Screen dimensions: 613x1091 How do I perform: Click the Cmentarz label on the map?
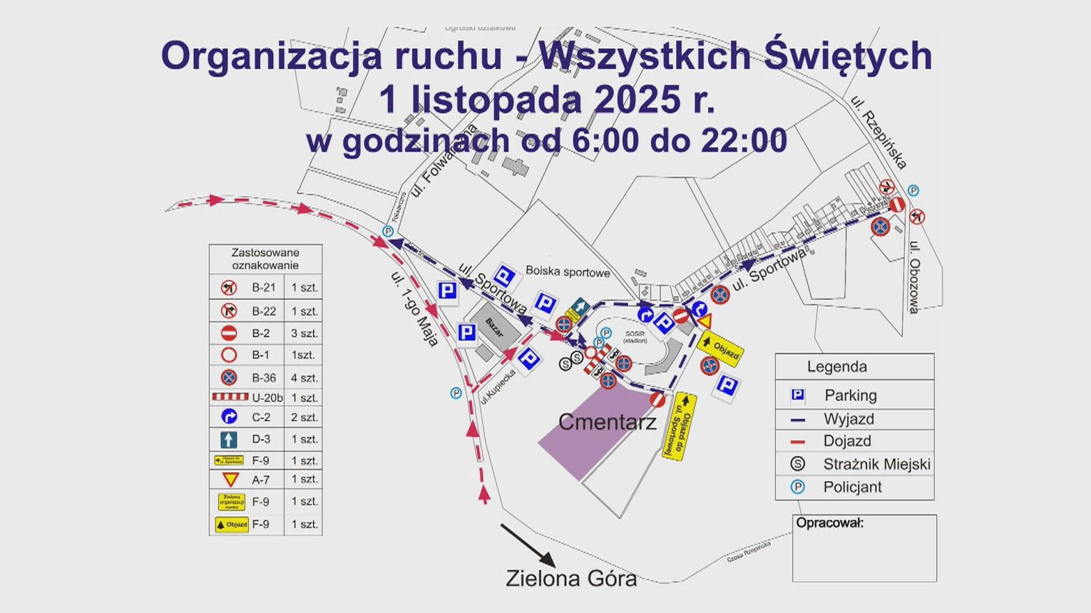[607, 422]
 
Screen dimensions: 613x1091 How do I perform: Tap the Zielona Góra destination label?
[570, 578]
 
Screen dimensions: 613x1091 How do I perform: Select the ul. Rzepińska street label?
[879, 133]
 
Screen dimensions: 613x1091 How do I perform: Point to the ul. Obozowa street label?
[914, 278]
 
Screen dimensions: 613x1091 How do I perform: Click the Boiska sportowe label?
[568, 272]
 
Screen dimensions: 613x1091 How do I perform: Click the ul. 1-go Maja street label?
[414, 309]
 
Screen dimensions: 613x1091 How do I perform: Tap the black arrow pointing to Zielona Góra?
[528, 545]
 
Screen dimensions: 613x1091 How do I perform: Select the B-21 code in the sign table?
[263, 288]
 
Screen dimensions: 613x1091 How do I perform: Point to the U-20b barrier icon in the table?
[230, 397]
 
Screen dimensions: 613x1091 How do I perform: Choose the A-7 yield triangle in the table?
[229, 480]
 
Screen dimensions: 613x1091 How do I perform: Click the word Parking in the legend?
[850, 395]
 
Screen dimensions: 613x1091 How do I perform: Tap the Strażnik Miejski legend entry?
[876, 464]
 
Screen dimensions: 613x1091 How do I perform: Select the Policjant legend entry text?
[852, 487]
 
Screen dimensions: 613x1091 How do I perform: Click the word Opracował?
[829, 522]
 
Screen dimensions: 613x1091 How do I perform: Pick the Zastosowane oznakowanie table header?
[265, 259]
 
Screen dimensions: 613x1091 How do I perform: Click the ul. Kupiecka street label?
[498, 388]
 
